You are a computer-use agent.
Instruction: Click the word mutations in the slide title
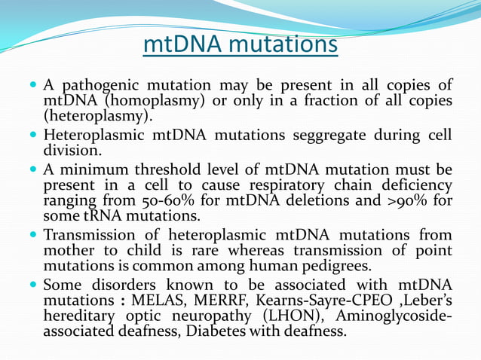tap(283, 44)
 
